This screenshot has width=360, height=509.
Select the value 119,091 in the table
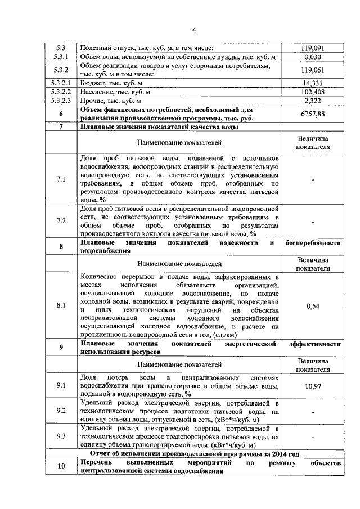tap(313, 48)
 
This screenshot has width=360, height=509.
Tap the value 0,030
tap(313, 57)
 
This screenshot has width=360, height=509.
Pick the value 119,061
tap(313, 70)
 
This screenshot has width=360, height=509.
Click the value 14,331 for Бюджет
tap(313, 83)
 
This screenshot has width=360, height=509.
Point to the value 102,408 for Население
tap(313, 92)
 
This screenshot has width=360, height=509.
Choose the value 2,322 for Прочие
tap(313, 100)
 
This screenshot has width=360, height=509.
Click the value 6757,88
tap(313, 114)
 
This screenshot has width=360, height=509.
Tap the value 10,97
tap(313, 386)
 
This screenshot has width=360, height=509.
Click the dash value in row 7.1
tap(313, 179)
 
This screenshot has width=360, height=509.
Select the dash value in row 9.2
tap(313, 411)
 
